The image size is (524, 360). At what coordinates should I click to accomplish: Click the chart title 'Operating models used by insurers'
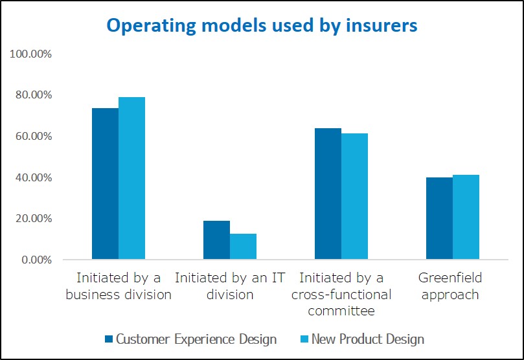click(262, 25)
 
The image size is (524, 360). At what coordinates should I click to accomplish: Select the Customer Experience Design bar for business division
click(105, 184)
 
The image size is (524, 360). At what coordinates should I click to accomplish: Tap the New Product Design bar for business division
click(131, 179)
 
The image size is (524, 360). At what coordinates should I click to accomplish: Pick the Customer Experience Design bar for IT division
click(216, 240)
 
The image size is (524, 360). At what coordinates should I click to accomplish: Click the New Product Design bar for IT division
click(243, 247)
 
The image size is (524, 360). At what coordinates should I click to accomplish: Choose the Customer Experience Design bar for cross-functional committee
click(328, 194)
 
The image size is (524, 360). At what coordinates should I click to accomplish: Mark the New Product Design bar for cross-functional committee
click(354, 197)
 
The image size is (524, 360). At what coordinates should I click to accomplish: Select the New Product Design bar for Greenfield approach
click(466, 218)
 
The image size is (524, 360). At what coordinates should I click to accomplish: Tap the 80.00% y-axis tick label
click(33, 95)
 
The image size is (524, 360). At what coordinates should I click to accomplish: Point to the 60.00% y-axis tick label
click(33, 137)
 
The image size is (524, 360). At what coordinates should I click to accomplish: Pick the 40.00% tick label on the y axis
click(33, 177)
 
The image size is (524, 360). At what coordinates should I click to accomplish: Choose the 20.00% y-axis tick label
click(33, 219)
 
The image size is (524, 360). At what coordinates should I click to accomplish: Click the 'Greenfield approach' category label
click(450, 286)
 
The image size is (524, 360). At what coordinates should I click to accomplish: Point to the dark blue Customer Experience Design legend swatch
click(109, 339)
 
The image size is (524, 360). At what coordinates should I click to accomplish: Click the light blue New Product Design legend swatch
click(304, 339)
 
